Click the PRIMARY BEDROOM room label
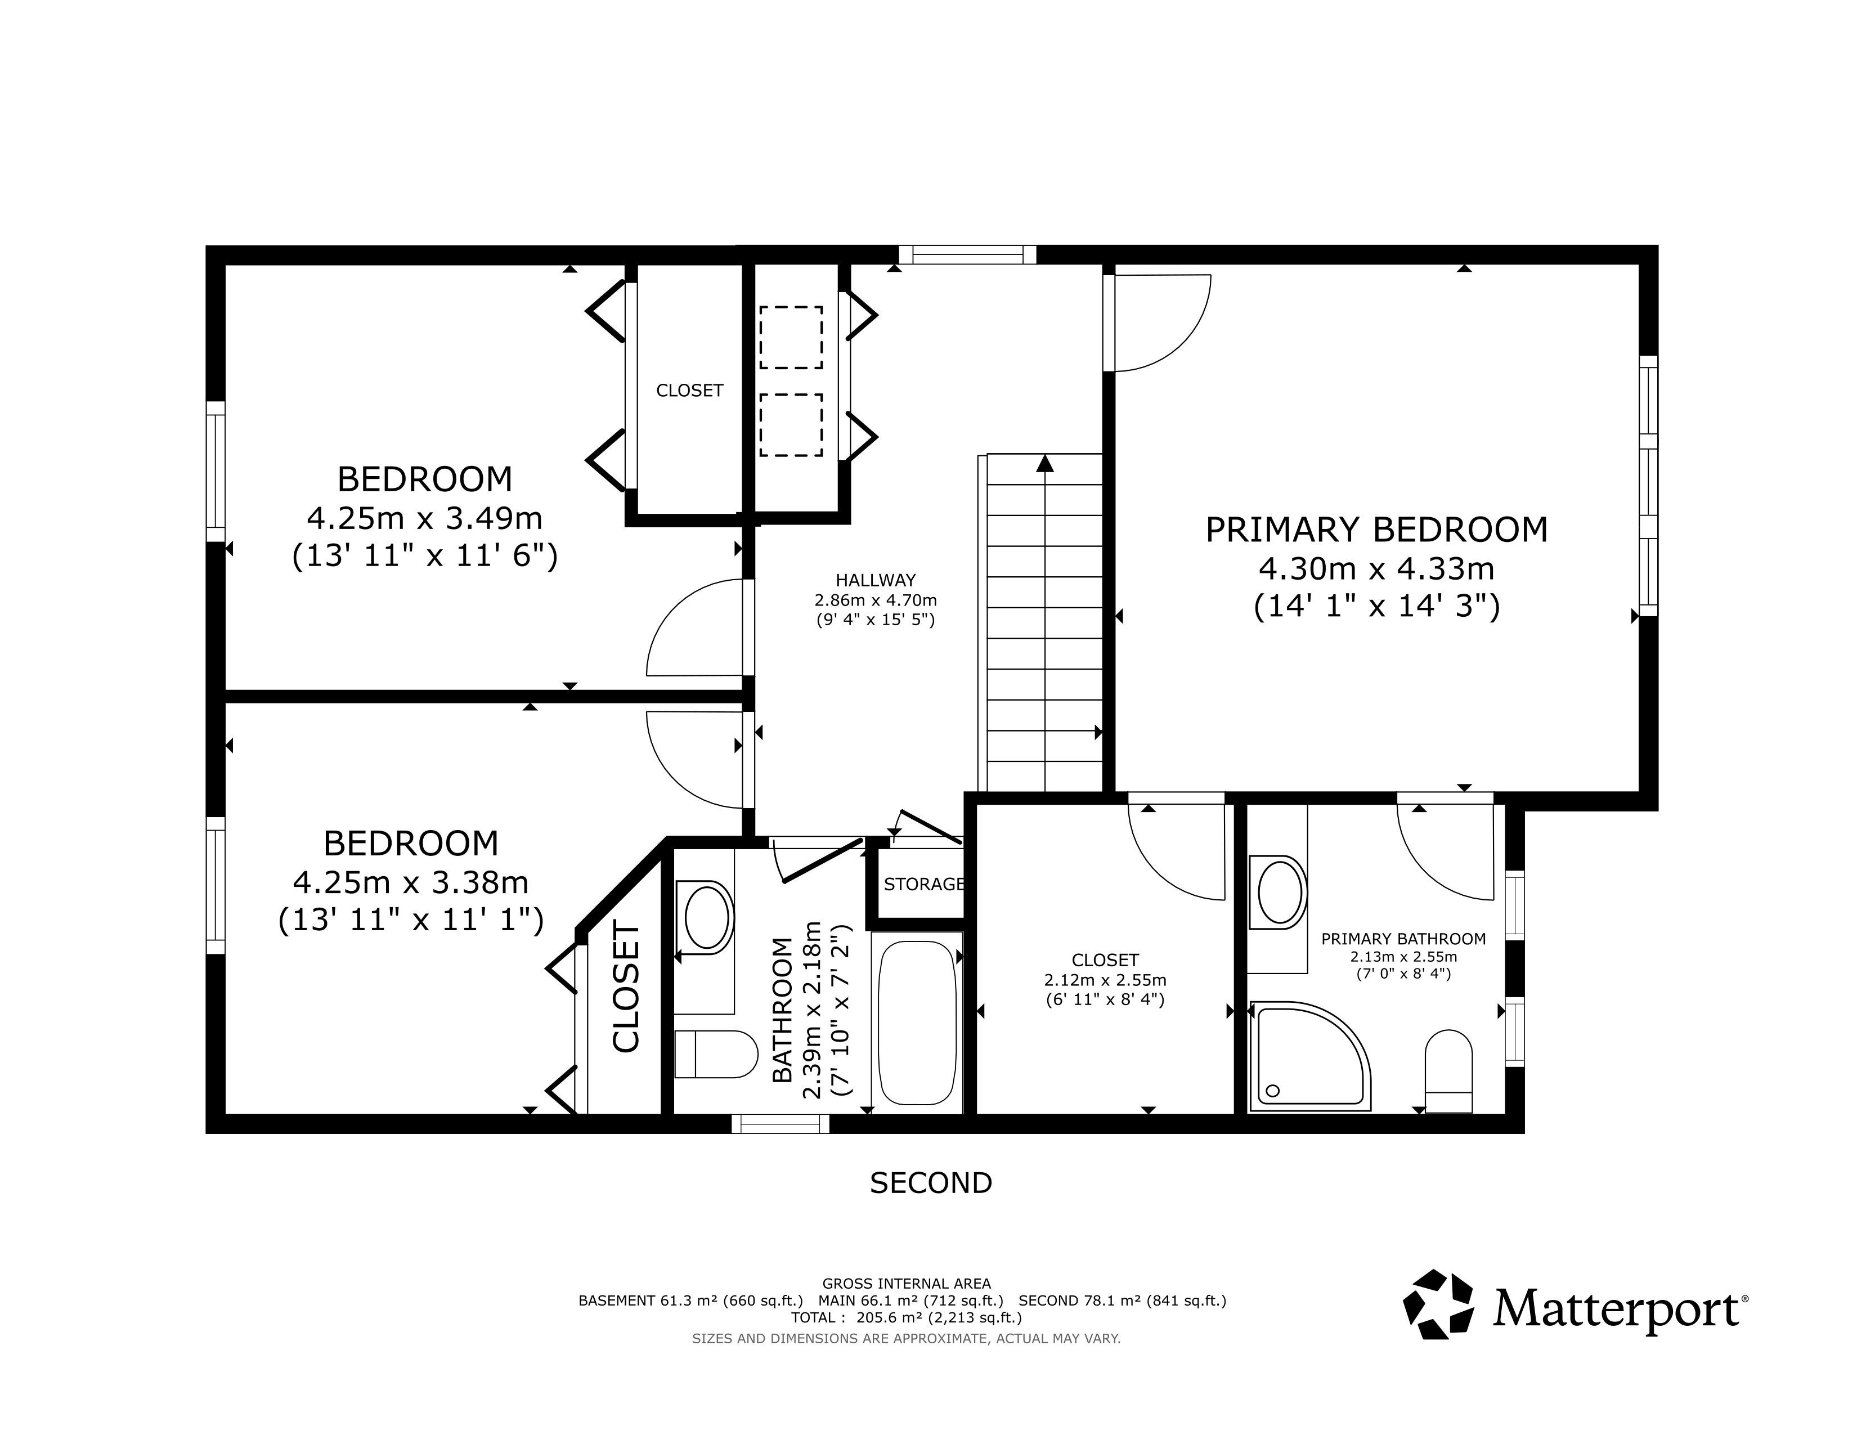pos(1376,530)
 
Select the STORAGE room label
pos(923,884)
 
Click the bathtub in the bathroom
pos(917,1023)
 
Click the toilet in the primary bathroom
pos(1448,1070)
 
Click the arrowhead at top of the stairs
pos(1045,463)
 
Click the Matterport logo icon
pos(1438,1305)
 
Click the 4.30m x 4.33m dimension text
pos(1376,568)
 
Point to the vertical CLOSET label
pos(626,988)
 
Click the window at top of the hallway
pos(968,254)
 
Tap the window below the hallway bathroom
pos(781,1124)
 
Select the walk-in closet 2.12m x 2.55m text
pos(1105,980)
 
